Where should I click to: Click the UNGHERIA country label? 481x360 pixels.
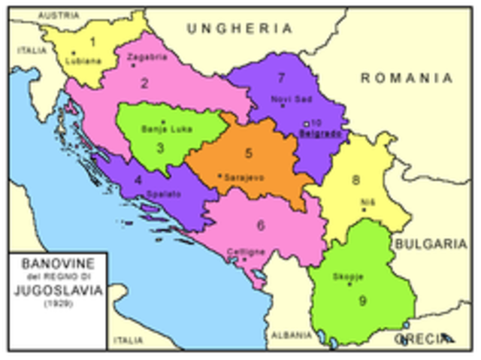coord(239,29)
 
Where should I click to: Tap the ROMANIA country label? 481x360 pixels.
coord(406,78)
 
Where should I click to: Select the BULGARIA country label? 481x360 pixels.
coord(431,244)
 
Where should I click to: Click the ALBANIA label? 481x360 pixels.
coord(291,335)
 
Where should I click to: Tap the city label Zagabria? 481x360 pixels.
coord(144,57)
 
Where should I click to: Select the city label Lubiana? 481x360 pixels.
coord(83,61)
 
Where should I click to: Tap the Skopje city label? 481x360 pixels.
coord(348,277)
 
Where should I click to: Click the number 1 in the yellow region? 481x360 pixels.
coord(92,41)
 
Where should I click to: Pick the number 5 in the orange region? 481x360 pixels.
coord(248,153)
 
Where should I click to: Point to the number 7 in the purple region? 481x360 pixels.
coord(281,77)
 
